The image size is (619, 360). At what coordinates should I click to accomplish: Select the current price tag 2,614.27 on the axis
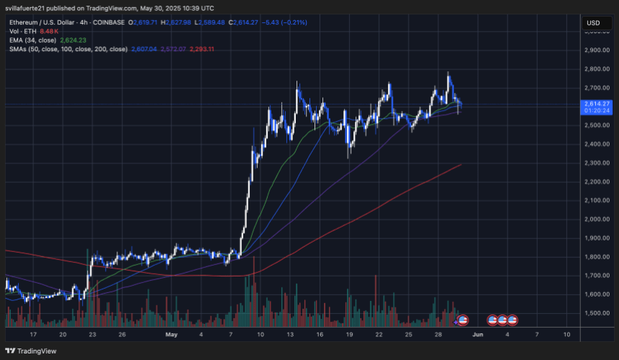[594, 103]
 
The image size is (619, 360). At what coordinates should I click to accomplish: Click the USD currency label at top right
[594, 23]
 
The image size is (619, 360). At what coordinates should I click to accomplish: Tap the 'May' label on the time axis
[171, 335]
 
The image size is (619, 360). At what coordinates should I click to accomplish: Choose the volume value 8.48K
[49, 32]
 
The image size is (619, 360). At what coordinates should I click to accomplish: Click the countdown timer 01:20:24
[594, 111]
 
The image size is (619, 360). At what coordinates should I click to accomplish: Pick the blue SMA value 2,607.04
[145, 49]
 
